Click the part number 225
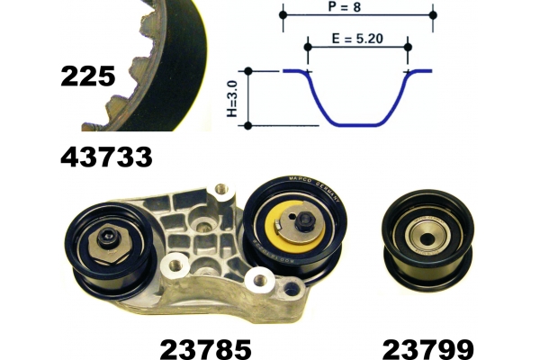[x=88, y=76]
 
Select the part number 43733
[x=106, y=157]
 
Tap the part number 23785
[x=205, y=349]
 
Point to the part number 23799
[x=428, y=349]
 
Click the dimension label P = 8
[x=345, y=6]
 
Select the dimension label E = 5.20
[x=357, y=38]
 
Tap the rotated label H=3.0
[x=233, y=98]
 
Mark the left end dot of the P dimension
[x=283, y=15]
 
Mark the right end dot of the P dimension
[x=433, y=15]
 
